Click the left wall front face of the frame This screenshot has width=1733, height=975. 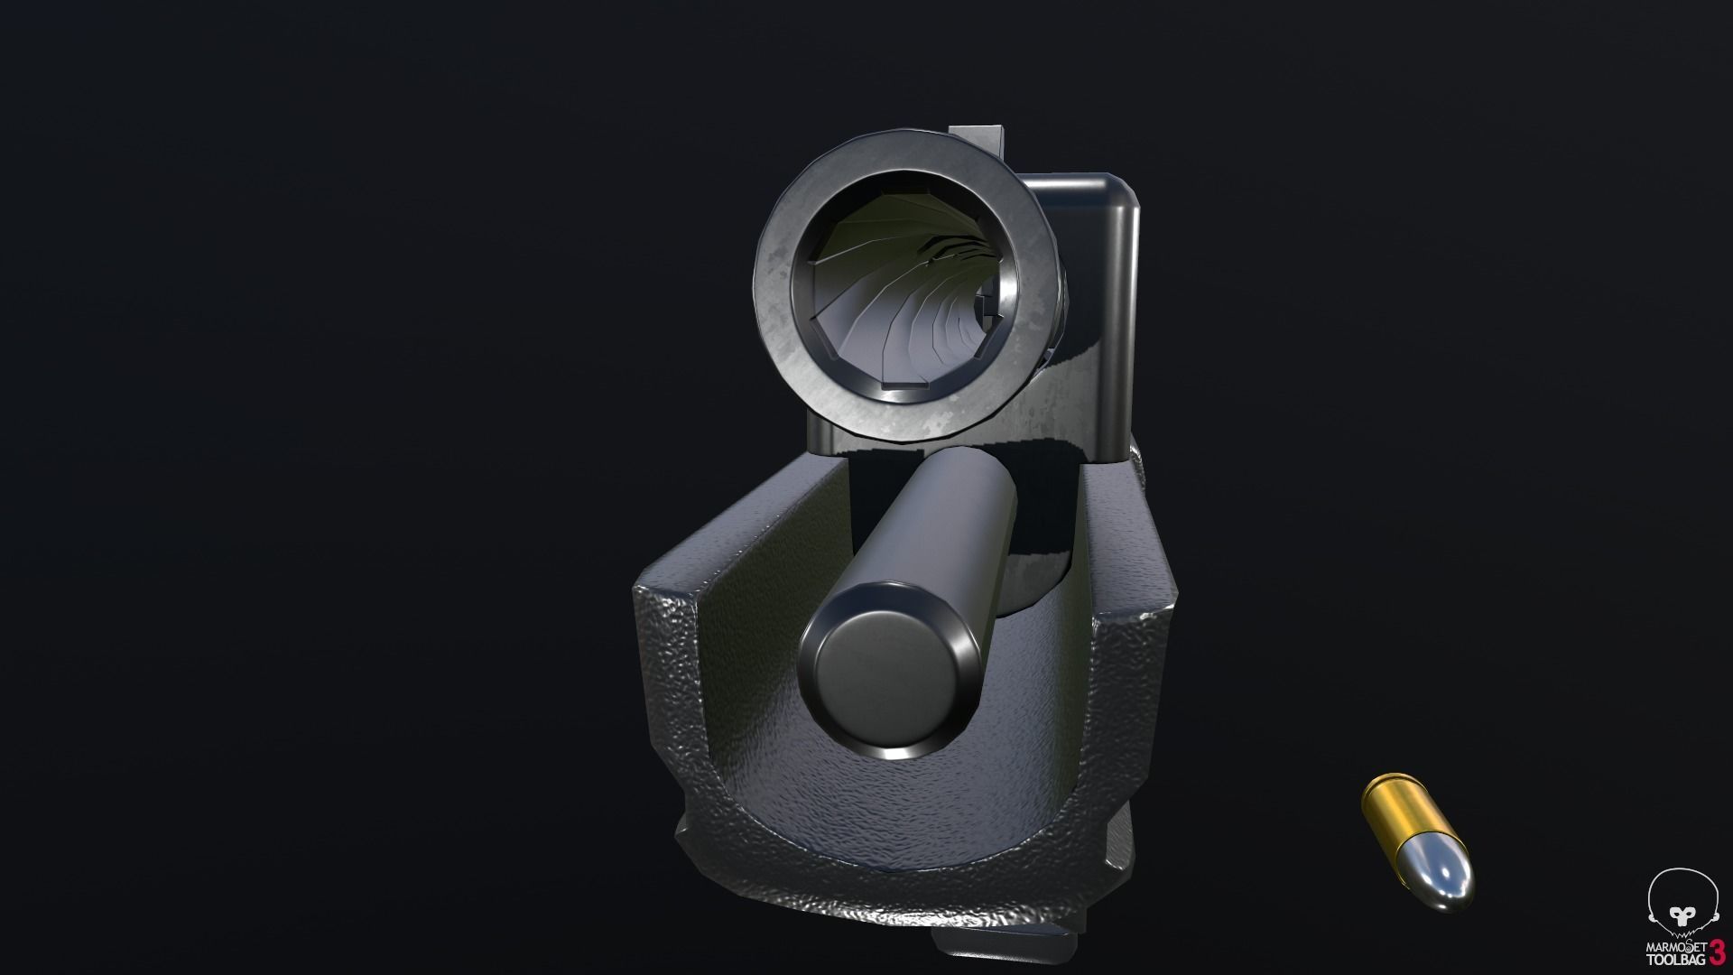668,677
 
